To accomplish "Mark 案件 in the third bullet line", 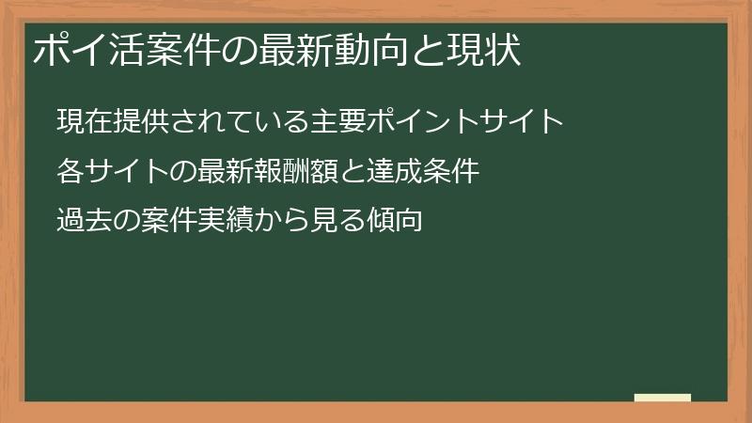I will click(x=156, y=221).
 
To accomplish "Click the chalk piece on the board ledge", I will click(x=663, y=398).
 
